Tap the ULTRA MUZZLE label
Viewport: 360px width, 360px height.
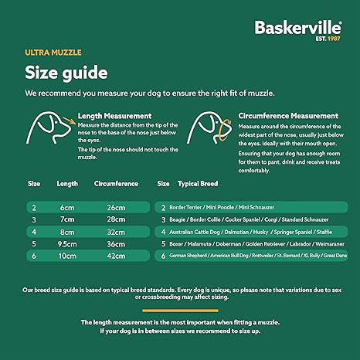(53, 53)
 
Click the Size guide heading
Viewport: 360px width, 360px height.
(66, 73)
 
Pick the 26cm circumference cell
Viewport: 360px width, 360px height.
(116, 208)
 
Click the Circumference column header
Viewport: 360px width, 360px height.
(116, 184)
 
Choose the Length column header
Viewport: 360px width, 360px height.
(67, 184)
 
